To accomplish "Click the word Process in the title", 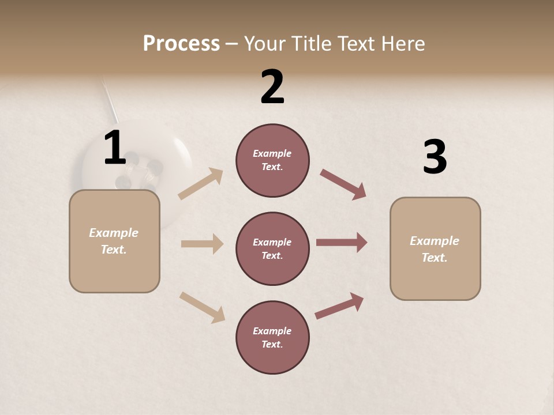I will click(x=181, y=44).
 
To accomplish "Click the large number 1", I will click(x=115, y=148).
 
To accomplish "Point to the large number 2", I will click(x=272, y=87).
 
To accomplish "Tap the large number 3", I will click(x=435, y=157).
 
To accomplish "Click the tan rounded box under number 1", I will click(x=114, y=241).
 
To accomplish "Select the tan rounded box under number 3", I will click(x=435, y=249).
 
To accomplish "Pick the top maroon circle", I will click(x=272, y=160).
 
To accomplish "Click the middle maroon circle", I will click(x=272, y=249).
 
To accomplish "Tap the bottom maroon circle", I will click(x=272, y=338).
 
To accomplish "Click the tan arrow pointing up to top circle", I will click(x=201, y=184).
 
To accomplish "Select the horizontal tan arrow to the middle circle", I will click(x=202, y=244).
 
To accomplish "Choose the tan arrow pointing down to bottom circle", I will click(x=202, y=307).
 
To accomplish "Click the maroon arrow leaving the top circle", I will click(x=343, y=184).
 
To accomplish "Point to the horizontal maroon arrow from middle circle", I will click(x=342, y=243).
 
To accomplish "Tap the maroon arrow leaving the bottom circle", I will click(x=339, y=305).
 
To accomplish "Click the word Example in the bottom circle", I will click(x=272, y=331).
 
